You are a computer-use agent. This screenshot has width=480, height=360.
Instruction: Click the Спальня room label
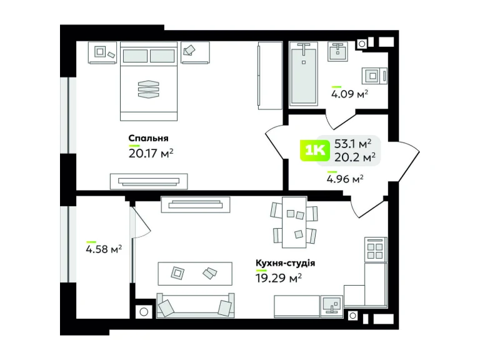point(149,138)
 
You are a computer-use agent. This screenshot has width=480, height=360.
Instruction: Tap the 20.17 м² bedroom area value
point(151,152)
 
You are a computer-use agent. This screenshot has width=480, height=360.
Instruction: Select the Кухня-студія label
point(285,263)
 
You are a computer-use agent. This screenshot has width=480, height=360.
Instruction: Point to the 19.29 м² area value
point(279,278)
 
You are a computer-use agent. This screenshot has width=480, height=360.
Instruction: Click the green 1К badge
point(315,150)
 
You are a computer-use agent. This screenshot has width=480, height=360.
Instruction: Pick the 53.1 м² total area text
point(353,143)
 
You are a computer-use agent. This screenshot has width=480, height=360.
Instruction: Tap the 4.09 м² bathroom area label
point(349,94)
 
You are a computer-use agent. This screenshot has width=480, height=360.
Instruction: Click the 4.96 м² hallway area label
point(345,179)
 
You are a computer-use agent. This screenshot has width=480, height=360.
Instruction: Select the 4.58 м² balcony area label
point(104,249)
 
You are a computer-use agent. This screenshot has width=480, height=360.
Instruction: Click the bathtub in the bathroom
point(303,74)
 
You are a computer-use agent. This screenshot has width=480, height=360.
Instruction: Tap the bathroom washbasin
point(338,51)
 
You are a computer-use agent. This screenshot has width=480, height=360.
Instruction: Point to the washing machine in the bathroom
point(374,75)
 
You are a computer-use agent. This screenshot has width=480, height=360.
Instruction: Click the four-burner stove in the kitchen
point(375,249)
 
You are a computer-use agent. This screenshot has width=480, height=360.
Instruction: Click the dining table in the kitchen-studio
point(294,222)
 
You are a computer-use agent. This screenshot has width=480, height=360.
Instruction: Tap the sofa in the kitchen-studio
point(195,305)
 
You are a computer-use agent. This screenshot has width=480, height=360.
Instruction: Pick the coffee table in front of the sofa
point(195,274)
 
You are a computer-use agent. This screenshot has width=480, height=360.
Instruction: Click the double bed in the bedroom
point(149,81)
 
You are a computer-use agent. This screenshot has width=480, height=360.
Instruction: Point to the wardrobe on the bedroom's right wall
point(270,76)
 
